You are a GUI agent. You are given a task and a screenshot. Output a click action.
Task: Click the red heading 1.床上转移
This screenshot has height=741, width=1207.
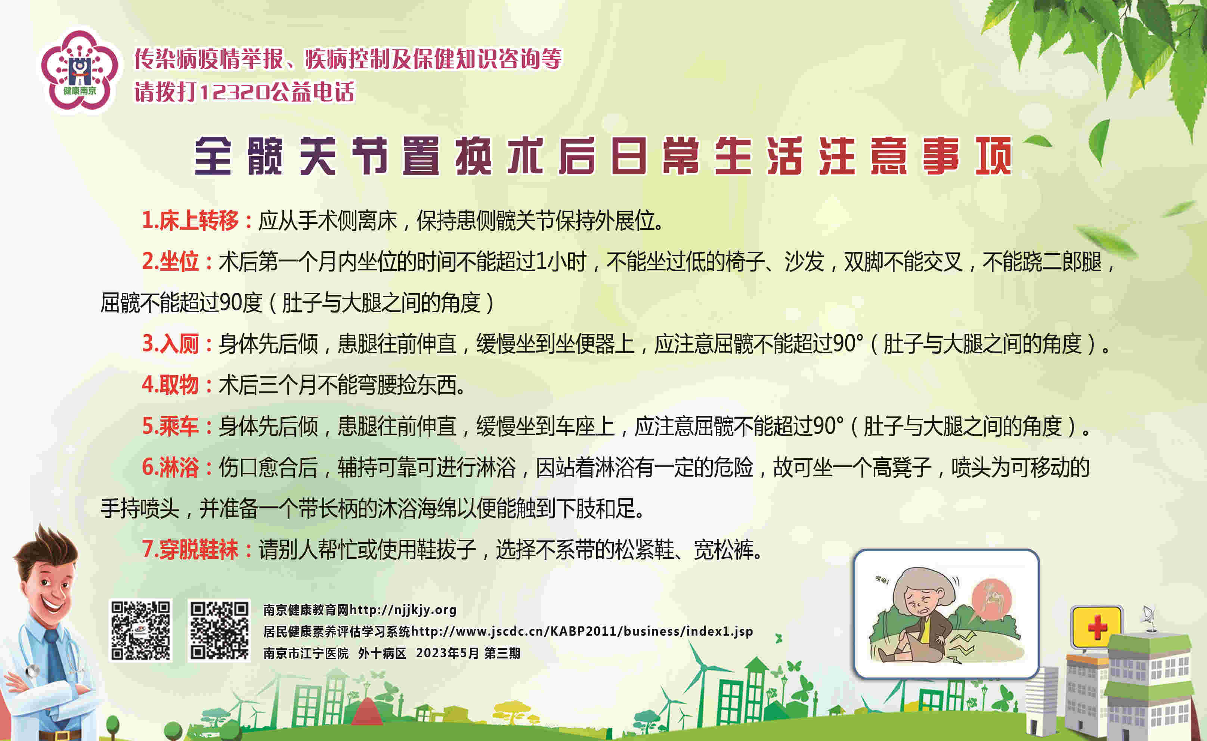coord(190,220)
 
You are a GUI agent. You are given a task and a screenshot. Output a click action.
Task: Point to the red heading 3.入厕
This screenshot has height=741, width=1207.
coord(170,344)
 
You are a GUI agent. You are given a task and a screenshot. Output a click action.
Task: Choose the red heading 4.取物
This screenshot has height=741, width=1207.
coord(170,385)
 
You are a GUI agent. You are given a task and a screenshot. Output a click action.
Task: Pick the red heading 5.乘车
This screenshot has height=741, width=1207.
coord(170,426)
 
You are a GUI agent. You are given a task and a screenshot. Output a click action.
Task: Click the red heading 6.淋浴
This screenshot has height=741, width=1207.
coord(170,467)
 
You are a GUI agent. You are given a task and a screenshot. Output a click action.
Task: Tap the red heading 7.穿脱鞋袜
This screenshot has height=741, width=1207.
coord(190,549)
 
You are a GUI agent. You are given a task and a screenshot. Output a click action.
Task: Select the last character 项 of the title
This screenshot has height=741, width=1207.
coord(994,156)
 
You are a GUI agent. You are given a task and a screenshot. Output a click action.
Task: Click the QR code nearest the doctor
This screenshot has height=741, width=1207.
coord(140,630)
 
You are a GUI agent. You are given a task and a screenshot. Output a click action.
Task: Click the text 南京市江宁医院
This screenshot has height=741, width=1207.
coord(306,653)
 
